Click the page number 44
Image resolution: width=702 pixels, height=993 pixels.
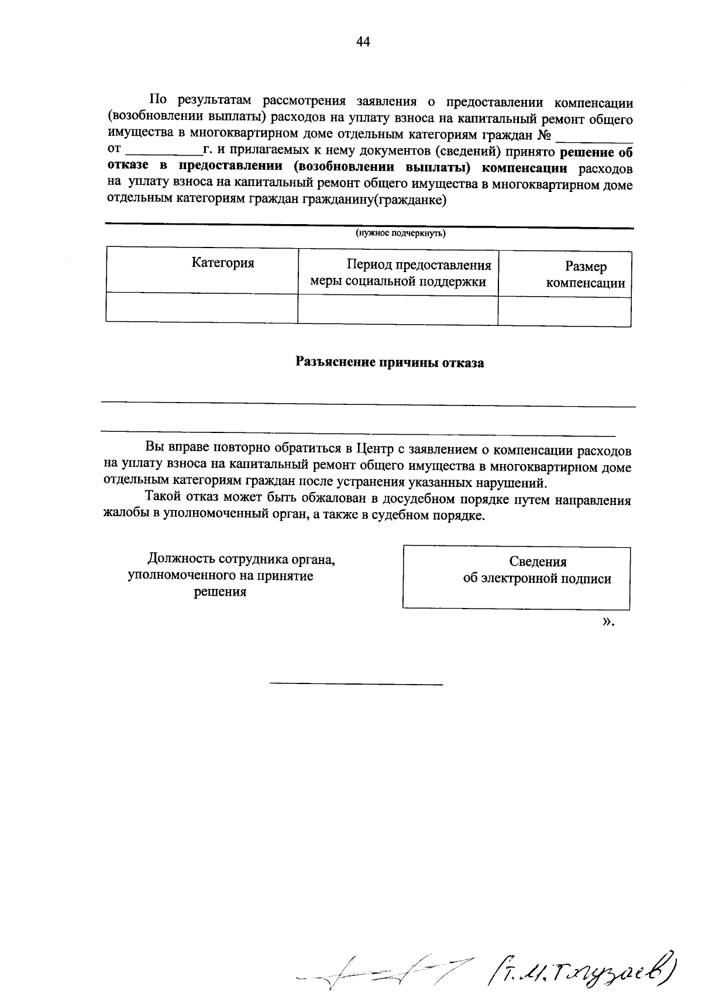(x=363, y=42)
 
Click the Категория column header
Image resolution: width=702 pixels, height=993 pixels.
(x=223, y=263)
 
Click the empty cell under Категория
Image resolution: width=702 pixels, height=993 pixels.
(x=202, y=308)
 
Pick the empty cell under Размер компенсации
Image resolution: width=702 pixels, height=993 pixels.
(x=564, y=311)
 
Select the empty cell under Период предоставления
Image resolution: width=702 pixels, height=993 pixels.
(x=398, y=309)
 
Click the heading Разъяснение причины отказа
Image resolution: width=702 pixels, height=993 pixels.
(x=390, y=363)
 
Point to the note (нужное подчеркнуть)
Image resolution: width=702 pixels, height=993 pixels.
(x=401, y=234)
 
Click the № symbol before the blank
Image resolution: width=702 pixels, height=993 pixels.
(x=543, y=136)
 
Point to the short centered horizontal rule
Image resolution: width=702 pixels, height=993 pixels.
(x=356, y=683)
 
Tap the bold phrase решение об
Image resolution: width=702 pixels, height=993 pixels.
(x=596, y=153)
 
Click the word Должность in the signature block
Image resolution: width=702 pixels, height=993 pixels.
(x=175, y=559)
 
